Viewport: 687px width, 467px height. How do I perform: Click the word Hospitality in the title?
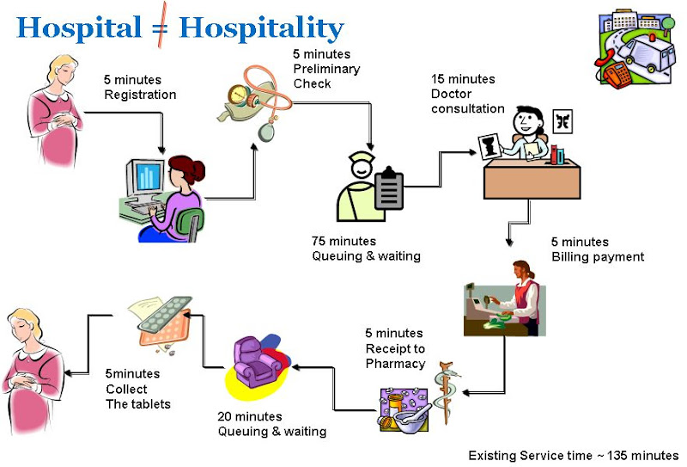(262, 29)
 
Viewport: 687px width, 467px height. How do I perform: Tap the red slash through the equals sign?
(162, 25)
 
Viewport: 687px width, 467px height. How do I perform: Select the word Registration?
(140, 95)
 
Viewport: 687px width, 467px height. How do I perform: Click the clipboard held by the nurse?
(389, 189)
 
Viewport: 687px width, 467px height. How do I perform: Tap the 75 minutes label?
(343, 242)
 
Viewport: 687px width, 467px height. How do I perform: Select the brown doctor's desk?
(532, 179)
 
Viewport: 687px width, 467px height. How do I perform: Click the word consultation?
(467, 109)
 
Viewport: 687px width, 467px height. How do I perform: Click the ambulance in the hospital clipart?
(644, 53)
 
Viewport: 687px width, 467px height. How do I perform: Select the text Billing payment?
(598, 257)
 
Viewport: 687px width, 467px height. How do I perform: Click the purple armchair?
(255, 362)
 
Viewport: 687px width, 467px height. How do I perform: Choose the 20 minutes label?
(250, 416)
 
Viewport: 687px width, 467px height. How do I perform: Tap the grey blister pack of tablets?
(165, 314)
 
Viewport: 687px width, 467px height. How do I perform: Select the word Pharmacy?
(395, 364)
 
